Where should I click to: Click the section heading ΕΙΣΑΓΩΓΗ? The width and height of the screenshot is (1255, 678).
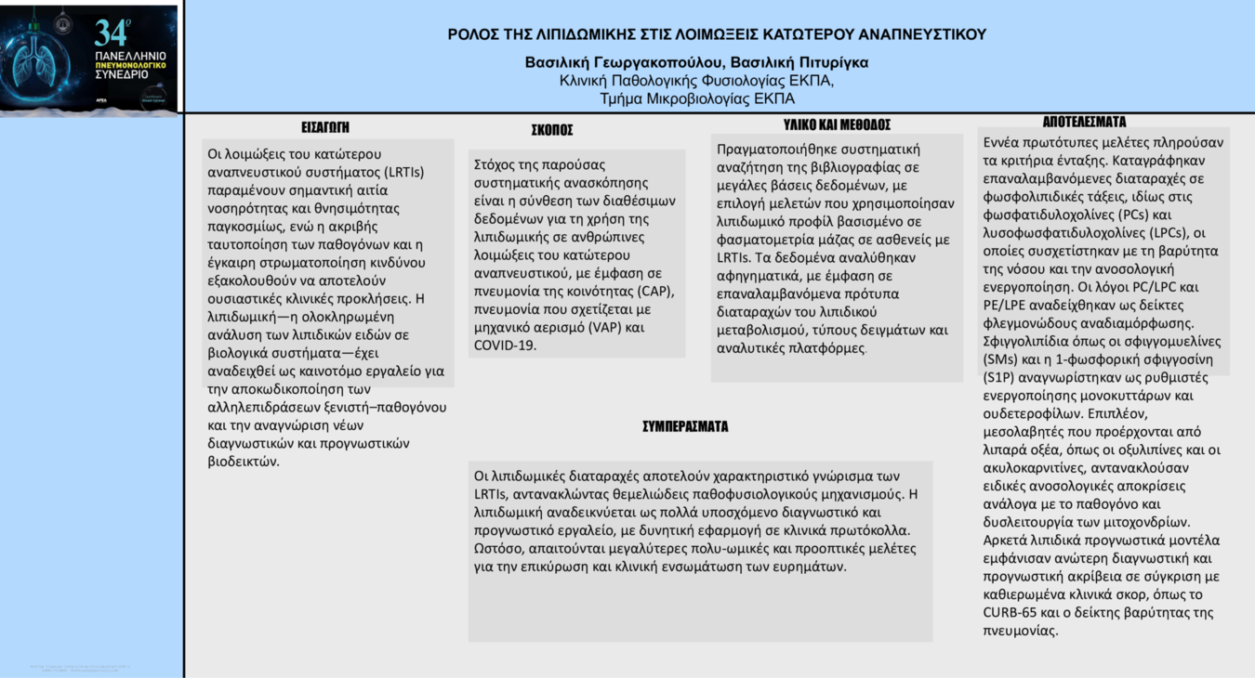325,127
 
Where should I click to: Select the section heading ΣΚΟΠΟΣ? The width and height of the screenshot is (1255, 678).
552,130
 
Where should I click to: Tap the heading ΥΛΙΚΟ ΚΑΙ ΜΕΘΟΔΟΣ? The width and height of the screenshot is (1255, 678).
837,124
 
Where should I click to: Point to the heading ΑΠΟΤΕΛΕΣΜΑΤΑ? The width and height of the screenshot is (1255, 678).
1084,122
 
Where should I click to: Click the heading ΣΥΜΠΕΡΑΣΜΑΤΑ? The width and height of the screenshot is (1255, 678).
685,426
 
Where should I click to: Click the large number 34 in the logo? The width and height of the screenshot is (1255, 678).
111,34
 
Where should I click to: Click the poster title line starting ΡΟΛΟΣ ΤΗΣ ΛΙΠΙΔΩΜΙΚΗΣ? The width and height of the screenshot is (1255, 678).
717,34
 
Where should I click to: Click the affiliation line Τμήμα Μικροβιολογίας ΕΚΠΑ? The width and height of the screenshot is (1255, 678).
697,98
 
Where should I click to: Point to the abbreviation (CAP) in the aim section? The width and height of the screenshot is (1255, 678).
653,291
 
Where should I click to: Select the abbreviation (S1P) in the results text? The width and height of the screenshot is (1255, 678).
1002,378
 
